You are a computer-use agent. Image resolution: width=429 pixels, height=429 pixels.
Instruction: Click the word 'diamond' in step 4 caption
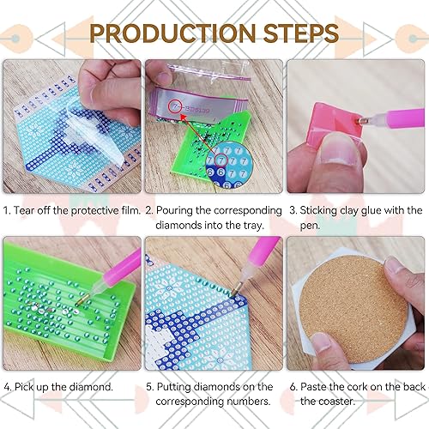(x=91, y=387)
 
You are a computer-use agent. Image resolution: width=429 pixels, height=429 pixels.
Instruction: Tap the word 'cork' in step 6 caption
(x=361, y=387)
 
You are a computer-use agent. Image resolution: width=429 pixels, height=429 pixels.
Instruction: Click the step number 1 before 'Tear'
(x=7, y=210)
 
